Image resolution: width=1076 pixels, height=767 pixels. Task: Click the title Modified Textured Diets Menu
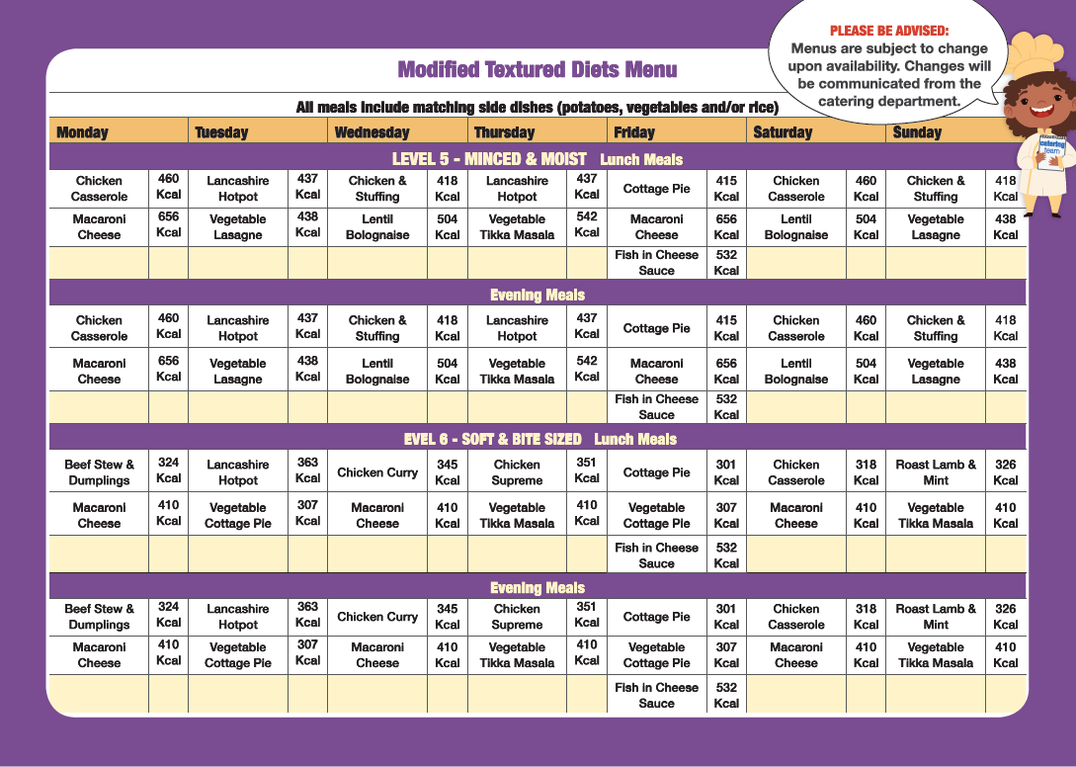(537, 69)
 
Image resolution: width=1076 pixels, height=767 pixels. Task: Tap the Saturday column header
(783, 132)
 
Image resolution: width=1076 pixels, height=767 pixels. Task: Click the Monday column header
(82, 132)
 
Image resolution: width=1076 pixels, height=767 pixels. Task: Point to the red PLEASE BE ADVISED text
(888, 32)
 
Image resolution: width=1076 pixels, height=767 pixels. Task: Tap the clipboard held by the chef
(1050, 153)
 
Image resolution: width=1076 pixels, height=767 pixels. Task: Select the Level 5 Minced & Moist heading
(489, 159)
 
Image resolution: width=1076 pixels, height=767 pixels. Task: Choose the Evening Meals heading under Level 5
(538, 295)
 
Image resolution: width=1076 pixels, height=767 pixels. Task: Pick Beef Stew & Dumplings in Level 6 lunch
(99, 472)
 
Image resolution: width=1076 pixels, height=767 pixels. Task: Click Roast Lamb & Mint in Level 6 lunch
(935, 472)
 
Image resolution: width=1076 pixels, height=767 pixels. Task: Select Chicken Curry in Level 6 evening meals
(377, 617)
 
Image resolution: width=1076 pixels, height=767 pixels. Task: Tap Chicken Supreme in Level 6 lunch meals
(517, 472)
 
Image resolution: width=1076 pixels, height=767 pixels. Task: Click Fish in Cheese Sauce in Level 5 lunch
(656, 262)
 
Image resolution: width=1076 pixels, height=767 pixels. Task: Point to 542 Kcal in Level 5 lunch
(587, 223)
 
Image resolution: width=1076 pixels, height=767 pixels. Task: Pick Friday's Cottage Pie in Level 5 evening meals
(656, 328)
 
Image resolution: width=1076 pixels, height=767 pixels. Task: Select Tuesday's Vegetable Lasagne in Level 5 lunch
(237, 227)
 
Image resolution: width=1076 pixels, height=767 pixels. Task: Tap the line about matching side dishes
(537, 107)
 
